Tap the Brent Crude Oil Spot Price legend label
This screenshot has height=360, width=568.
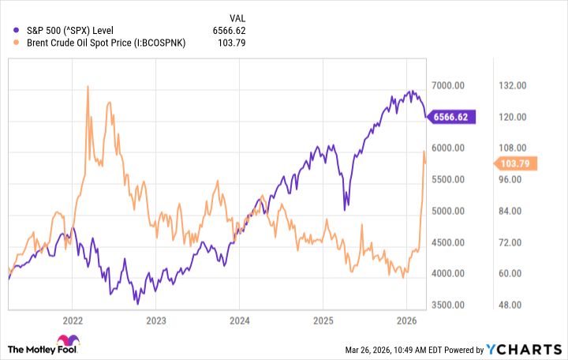coord(101,43)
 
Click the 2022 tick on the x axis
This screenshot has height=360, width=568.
coord(72,321)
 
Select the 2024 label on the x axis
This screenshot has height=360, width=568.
coord(240,321)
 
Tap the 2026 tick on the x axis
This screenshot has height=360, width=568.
coord(407,321)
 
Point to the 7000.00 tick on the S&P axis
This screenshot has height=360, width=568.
coord(447,85)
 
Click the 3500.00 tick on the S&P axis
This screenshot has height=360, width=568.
coord(447,305)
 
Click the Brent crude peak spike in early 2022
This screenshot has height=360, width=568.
coord(87,87)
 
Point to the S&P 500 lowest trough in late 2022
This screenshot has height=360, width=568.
coord(137,302)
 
